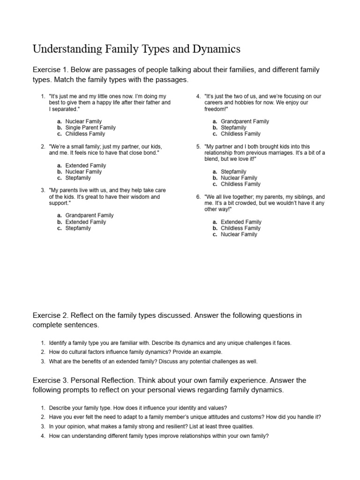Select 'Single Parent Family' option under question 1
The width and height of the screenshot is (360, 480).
click(90, 127)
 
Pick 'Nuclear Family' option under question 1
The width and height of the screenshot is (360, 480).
click(83, 121)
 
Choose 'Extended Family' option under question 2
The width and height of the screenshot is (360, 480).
click(86, 165)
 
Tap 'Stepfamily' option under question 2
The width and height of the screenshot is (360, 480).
click(78, 178)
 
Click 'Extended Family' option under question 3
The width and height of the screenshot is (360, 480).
click(86, 222)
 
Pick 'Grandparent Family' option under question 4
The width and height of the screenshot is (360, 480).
click(245, 121)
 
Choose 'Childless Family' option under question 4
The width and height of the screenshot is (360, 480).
click(240, 134)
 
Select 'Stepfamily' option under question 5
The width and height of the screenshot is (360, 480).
click(233, 172)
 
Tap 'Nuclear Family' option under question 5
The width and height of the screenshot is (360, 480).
click(239, 178)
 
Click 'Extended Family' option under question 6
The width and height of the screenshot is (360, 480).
click(241, 222)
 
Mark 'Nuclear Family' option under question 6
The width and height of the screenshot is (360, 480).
click(239, 234)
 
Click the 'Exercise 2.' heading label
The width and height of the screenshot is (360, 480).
click(51, 315)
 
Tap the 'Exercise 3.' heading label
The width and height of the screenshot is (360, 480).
click(51, 380)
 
